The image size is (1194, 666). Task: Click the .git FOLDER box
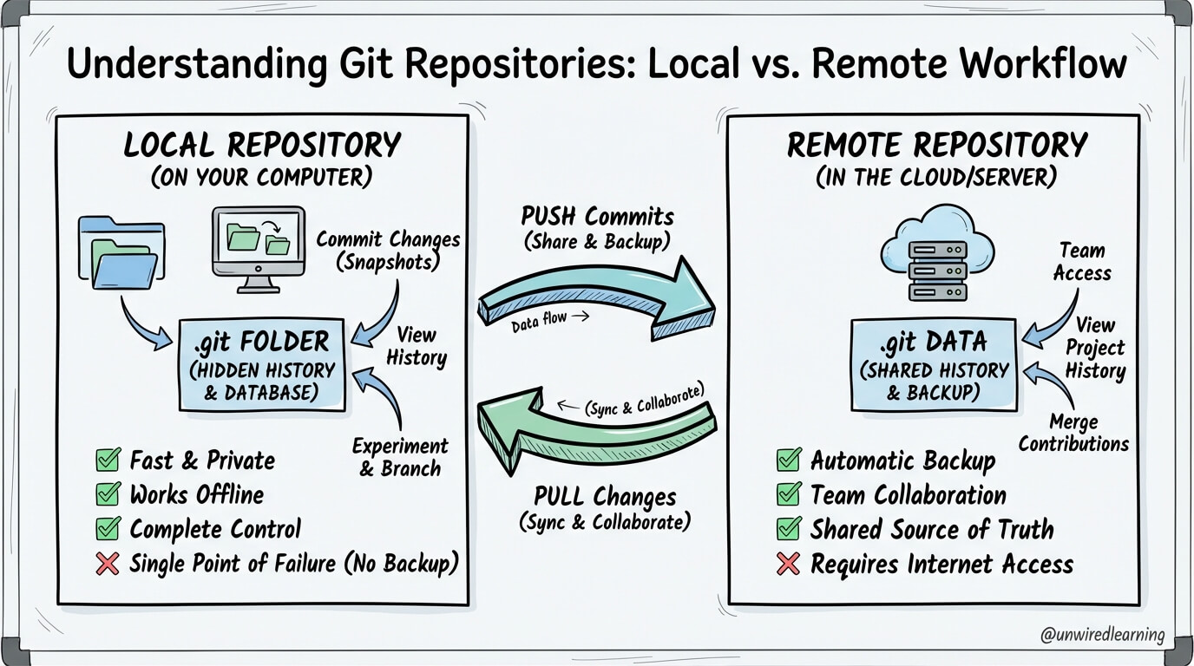pos(262,365)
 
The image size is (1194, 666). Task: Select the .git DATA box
pos(934,365)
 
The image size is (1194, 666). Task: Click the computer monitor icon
pos(259,250)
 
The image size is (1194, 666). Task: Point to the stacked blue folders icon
pos(121,252)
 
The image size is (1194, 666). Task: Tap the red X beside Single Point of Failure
pos(108,564)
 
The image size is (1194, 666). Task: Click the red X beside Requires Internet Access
pos(789,564)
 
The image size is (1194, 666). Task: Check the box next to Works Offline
pos(108,494)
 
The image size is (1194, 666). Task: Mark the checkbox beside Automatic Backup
pos(789,460)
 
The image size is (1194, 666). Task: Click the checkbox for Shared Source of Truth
pos(789,528)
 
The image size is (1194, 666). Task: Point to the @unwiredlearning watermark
pos(1102,635)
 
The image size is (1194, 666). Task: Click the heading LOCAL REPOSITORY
pos(262,145)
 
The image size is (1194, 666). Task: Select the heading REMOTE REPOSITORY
pos(937,145)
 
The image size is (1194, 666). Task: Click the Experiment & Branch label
pos(400,457)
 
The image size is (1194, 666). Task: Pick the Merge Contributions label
pos(1073,433)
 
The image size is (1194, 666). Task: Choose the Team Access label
pos(1082,261)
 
